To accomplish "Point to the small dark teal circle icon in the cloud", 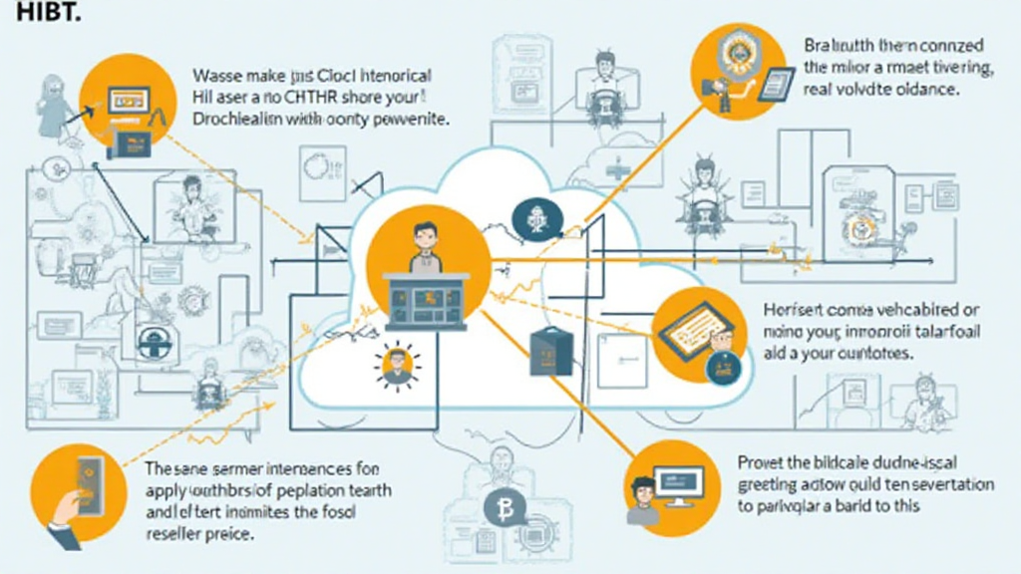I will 530,215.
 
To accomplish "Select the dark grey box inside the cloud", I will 548,349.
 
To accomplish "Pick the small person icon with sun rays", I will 396,365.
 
